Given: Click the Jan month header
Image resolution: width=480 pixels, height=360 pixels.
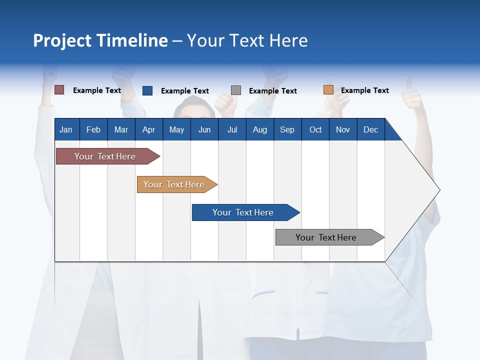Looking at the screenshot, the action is [66, 129].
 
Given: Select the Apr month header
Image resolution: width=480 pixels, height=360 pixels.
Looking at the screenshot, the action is [149, 129].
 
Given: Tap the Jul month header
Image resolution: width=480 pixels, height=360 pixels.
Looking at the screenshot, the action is [232, 129].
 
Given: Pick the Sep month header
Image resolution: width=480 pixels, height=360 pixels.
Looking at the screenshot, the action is [287, 129].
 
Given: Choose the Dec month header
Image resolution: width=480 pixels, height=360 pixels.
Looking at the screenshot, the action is [370, 129].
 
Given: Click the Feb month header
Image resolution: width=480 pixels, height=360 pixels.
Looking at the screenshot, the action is [93, 129].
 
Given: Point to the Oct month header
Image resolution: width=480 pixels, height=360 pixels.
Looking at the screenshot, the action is [315, 129].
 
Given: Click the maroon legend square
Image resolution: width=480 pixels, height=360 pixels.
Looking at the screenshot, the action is [59, 90].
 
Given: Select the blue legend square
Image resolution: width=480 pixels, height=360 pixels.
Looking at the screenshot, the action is [147, 90].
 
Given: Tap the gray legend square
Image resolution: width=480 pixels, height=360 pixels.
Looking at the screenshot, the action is [236, 90].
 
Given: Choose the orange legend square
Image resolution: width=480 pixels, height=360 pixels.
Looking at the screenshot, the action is [328, 90].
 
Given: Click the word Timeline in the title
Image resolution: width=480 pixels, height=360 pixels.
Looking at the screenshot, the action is [131, 40].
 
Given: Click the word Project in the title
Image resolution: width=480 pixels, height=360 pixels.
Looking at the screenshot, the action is [62, 40].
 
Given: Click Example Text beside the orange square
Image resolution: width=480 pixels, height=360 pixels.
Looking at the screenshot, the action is [364, 90].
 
